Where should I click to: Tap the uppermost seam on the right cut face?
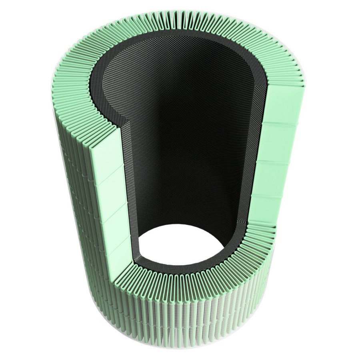pyautogui.click(x=282, y=123)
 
